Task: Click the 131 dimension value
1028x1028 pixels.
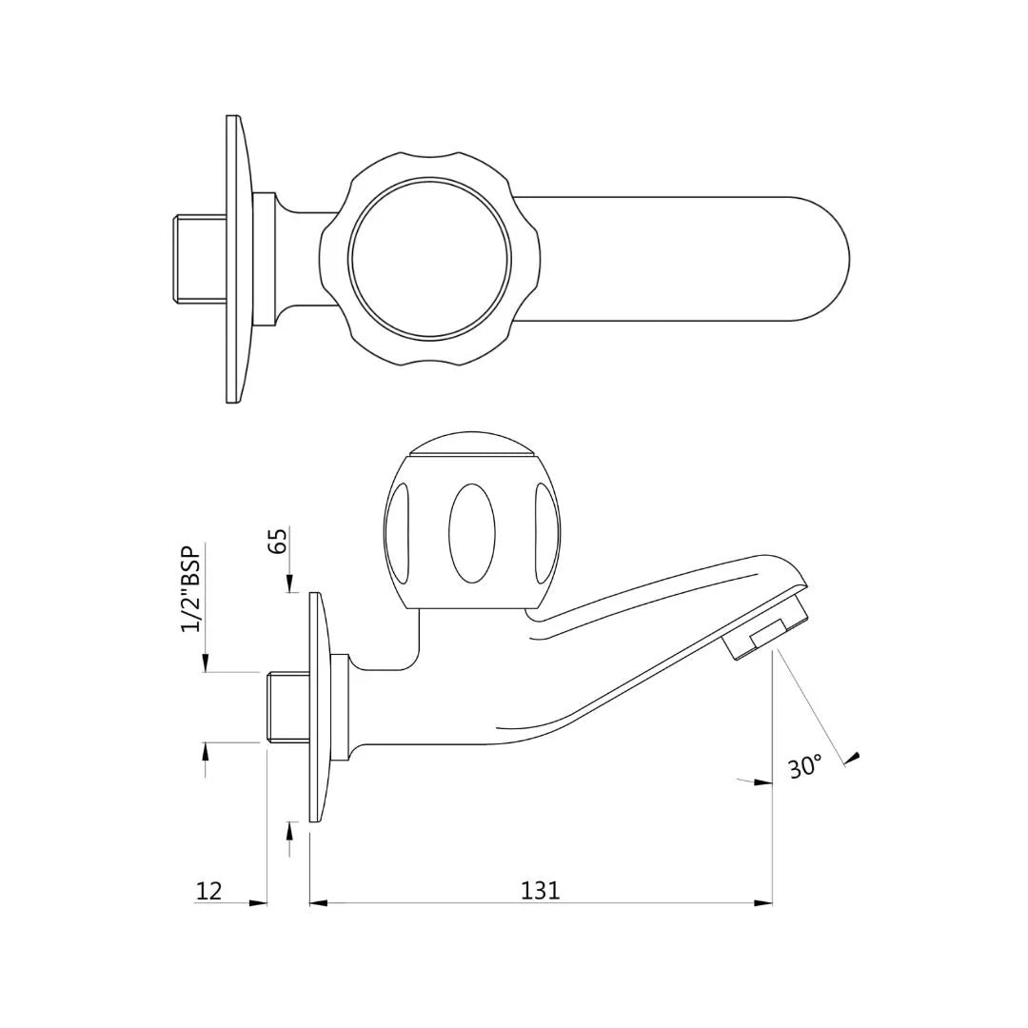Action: pos(540,890)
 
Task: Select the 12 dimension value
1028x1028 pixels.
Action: pos(208,891)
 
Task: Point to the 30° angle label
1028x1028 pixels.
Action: pos(804,766)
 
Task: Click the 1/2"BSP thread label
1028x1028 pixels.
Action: pos(191,589)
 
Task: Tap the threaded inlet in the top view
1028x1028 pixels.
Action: pos(199,258)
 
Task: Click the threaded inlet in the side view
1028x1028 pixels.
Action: pos(286,706)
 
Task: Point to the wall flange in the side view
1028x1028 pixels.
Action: pos(316,706)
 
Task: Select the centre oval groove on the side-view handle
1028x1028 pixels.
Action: pos(472,533)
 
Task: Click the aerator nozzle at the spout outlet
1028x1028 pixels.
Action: pos(766,633)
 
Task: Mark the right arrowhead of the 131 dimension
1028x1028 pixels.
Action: pos(762,902)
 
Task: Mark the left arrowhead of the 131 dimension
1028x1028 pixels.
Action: pos(319,902)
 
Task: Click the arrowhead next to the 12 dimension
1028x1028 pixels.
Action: pos(258,902)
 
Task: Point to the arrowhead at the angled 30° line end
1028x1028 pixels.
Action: pos(853,758)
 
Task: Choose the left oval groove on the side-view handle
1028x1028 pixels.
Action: pos(399,533)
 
